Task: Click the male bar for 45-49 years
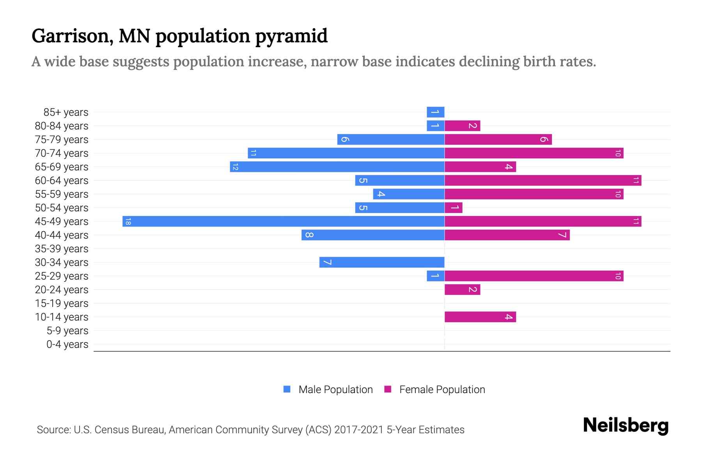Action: coord(284,221)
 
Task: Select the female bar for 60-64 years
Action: coord(543,180)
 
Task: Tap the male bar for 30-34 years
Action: coord(382,262)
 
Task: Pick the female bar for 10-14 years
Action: coord(480,317)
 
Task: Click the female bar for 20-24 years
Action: coord(462,289)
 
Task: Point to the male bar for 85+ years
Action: coord(436,112)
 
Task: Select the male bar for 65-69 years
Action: coord(337,167)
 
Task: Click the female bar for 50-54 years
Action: coord(454,207)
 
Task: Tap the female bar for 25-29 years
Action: coord(534,276)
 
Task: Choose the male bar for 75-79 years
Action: coord(391,139)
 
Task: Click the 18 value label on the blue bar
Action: coord(128,222)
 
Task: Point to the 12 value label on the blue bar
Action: coord(235,167)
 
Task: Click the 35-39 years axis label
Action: coord(62,249)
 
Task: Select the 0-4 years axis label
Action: coord(67,344)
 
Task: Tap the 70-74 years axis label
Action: coord(62,153)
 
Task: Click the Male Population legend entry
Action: coord(335,389)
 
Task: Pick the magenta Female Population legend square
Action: coord(388,389)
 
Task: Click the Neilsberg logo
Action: coord(626,425)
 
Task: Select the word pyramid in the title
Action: coord(291,36)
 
